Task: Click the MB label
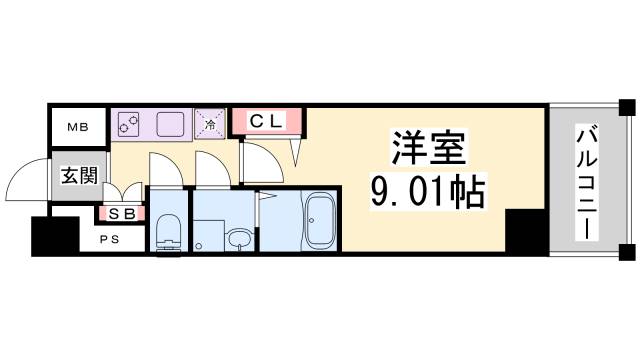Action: coord(77,127)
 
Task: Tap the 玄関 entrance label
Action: coord(79,176)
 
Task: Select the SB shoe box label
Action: coord(122,212)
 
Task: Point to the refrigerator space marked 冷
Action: coord(211,123)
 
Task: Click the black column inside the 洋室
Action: coord(524,233)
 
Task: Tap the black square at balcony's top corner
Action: coord(626,107)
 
